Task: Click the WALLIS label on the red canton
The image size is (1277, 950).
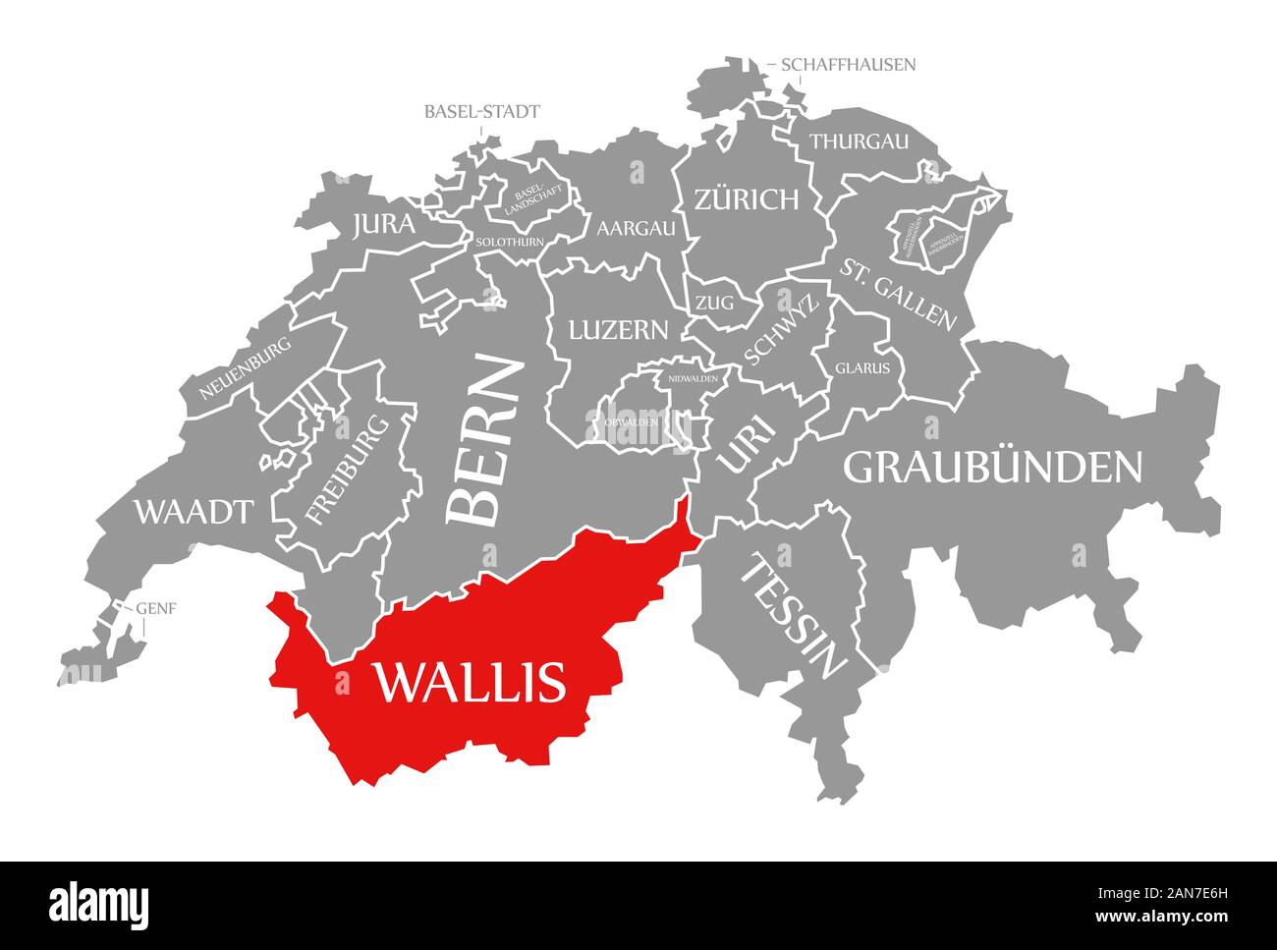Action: [469, 681]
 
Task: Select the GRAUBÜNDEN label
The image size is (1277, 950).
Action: [993, 468]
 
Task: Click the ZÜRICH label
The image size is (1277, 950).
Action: [747, 200]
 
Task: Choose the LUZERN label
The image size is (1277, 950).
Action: [618, 329]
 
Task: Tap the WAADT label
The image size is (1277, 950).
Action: [194, 511]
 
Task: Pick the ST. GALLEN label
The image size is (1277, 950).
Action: [897, 293]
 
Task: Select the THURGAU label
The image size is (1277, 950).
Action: [859, 141]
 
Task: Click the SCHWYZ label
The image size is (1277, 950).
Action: [782, 331]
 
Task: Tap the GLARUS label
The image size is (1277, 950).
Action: [862, 369]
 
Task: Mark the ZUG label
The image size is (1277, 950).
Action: [714, 304]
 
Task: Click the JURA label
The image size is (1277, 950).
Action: [383, 225]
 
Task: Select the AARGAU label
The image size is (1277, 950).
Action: [637, 228]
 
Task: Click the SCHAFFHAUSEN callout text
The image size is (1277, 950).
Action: [848, 65]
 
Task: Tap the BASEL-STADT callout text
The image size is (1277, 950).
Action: [481, 111]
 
